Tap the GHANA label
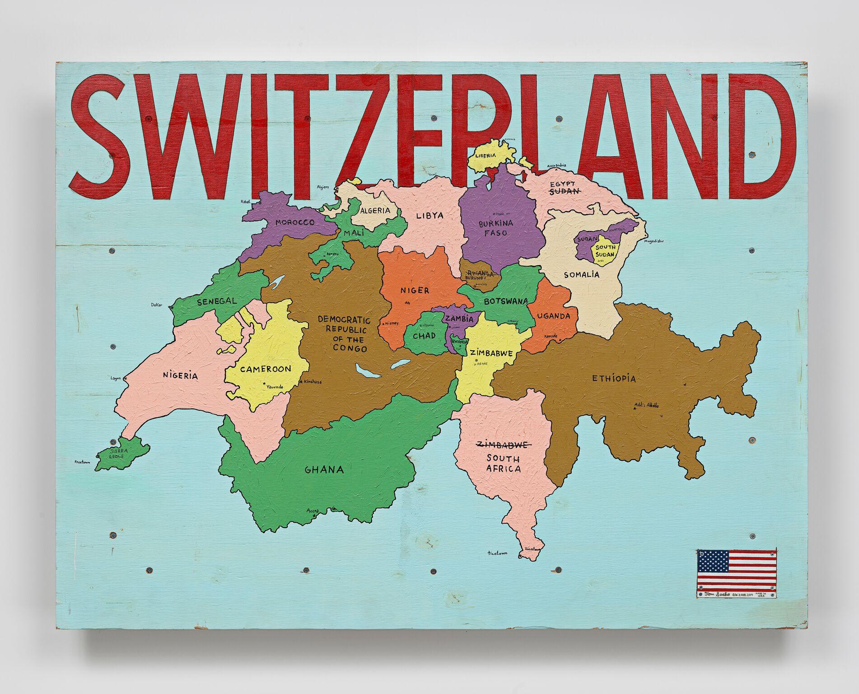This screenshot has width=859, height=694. pyautogui.click(x=324, y=469)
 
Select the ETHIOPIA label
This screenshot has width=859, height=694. pyautogui.click(x=614, y=378)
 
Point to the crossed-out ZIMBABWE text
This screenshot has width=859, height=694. pyautogui.click(x=503, y=445)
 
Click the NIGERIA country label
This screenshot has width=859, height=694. pyautogui.click(x=180, y=375)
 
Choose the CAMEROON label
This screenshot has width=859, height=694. pyautogui.click(x=266, y=369)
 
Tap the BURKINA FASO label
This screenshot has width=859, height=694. pyautogui.click(x=496, y=228)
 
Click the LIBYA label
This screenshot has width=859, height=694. pyautogui.click(x=429, y=216)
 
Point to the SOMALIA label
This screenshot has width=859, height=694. pyautogui.click(x=582, y=274)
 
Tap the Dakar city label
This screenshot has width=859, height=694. pyautogui.click(x=156, y=305)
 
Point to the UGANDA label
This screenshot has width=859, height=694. pyautogui.click(x=554, y=316)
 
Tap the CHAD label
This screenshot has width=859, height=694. pyautogui.click(x=424, y=335)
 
